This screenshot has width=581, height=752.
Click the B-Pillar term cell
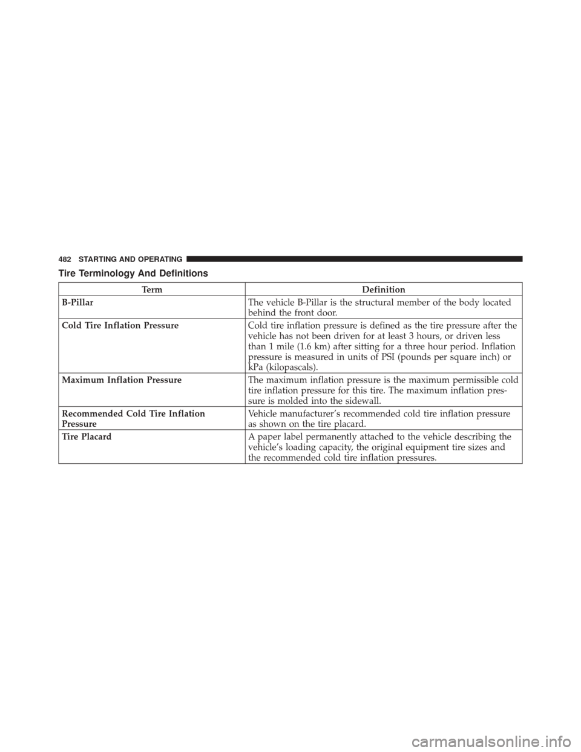[74, 300]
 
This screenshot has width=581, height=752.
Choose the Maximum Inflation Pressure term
[111, 380]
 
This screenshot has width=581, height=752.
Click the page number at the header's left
[66, 259]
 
